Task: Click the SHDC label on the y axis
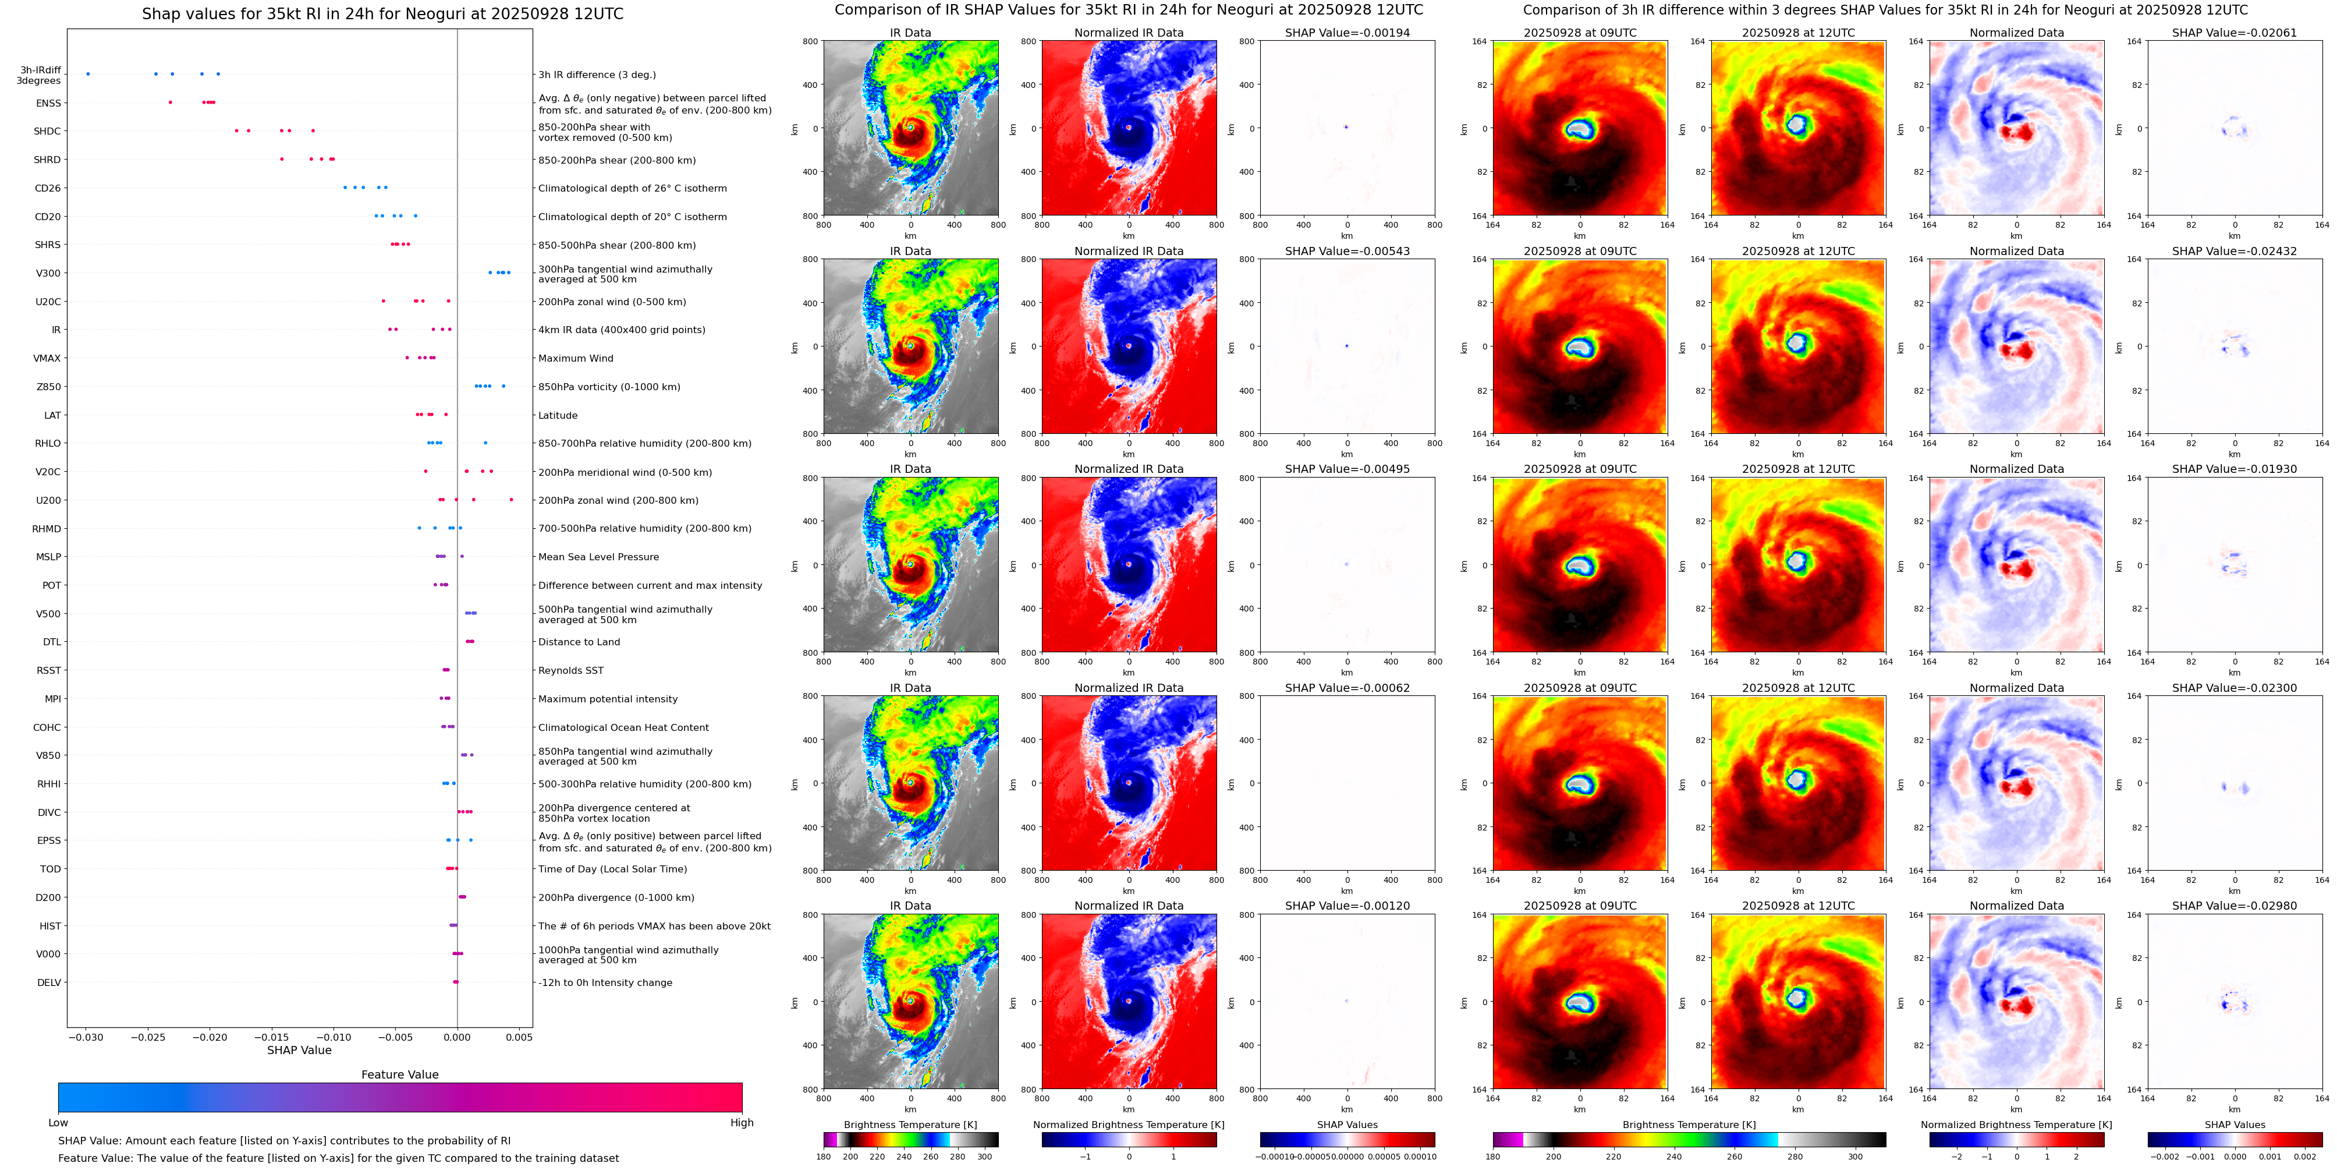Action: coord(47,132)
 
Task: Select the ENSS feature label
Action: coord(48,104)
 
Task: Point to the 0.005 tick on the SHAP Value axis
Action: coord(519,1037)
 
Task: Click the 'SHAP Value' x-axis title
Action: coord(299,1050)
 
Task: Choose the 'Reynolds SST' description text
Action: coord(570,671)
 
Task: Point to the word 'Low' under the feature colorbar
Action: coord(58,1123)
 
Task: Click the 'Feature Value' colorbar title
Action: coord(399,1074)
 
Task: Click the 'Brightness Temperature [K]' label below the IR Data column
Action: coord(910,1125)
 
